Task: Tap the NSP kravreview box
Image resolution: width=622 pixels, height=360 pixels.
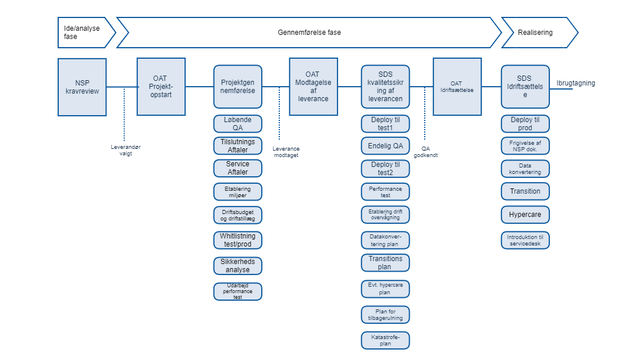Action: tap(82, 87)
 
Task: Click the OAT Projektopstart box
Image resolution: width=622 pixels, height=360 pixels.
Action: tap(161, 87)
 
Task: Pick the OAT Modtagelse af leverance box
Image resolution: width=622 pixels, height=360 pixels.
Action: tap(313, 87)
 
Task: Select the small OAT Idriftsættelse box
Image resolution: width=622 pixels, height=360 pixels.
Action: tap(457, 87)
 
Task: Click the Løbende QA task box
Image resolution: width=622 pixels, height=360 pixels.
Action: tap(237, 124)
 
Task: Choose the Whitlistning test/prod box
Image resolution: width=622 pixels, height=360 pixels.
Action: tap(237, 240)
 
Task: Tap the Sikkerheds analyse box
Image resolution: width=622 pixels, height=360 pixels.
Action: tap(237, 266)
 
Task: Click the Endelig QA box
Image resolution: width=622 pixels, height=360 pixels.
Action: tap(385, 145)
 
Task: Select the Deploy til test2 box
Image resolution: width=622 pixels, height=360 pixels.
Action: tap(385, 169)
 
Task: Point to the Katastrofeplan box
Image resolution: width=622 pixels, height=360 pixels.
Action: tap(385, 340)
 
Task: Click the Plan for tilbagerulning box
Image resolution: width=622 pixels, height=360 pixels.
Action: tap(385, 315)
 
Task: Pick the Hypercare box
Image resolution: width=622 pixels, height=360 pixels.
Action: tap(525, 215)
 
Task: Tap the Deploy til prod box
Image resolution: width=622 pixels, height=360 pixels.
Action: tap(525, 124)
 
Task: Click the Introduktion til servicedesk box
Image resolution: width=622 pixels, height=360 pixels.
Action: tap(525, 240)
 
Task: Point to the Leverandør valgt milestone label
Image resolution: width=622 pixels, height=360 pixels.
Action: tap(126, 150)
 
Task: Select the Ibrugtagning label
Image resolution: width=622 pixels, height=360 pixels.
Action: tap(575, 83)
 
